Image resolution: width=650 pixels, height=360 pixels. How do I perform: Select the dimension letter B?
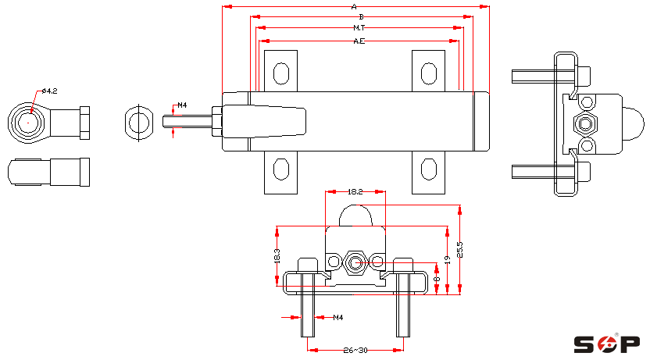tap(359, 16)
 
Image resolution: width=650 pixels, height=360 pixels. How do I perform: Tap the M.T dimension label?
tap(359, 28)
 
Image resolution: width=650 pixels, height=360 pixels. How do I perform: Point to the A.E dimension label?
tap(359, 41)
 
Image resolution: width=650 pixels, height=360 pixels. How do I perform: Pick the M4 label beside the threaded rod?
tap(182, 105)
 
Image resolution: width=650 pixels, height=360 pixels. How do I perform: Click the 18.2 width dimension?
tap(355, 191)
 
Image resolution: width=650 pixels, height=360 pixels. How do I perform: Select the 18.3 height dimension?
tap(277, 257)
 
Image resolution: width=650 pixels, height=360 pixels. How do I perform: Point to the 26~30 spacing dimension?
tap(355, 351)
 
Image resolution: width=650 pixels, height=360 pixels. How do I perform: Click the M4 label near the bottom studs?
tap(338, 318)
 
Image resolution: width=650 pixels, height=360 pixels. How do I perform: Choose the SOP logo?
tap(607, 344)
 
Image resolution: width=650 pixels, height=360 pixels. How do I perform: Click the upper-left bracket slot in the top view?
tap(280, 73)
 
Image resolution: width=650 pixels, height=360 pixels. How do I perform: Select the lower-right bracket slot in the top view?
tap(428, 169)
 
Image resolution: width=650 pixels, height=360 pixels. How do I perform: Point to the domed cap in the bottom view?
tap(355, 215)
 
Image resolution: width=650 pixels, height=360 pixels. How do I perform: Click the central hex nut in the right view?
tap(585, 123)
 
